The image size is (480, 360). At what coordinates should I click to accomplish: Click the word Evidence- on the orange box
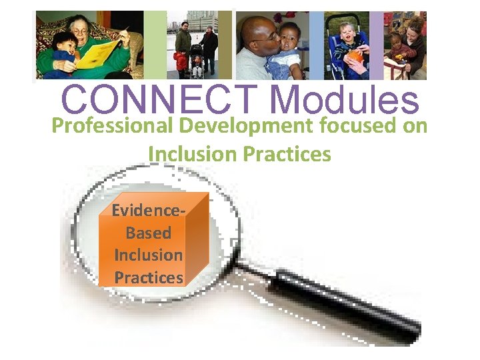(148, 211)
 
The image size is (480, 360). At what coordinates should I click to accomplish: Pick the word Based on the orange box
(148, 233)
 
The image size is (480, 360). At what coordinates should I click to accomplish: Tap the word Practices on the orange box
(149, 277)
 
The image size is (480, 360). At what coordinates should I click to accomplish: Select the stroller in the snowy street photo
(196, 63)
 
